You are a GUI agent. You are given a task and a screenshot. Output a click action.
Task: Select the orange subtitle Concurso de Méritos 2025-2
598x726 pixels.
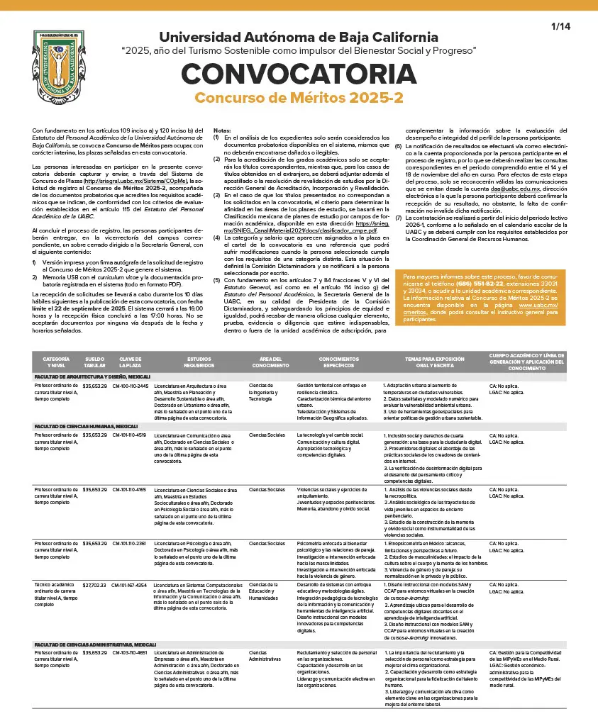click(299, 98)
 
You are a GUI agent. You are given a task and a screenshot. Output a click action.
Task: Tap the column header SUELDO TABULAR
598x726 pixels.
click(94, 362)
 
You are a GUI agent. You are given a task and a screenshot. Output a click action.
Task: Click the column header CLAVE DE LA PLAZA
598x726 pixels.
click(131, 362)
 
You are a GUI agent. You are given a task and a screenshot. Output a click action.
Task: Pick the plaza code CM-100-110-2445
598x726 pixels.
click(131, 386)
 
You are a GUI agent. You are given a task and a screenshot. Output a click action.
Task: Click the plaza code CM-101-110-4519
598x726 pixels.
click(131, 435)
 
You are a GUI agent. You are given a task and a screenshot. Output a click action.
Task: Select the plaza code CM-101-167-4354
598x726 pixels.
click(131, 585)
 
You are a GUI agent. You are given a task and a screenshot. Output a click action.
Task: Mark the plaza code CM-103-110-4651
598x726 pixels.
click(131, 652)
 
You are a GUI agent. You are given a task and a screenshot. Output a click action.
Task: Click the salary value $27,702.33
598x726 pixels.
click(94, 585)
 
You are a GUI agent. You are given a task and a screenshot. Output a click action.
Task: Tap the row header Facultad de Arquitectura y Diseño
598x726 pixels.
click(92, 376)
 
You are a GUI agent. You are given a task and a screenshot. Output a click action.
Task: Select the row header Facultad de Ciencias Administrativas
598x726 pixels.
click(92, 643)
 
